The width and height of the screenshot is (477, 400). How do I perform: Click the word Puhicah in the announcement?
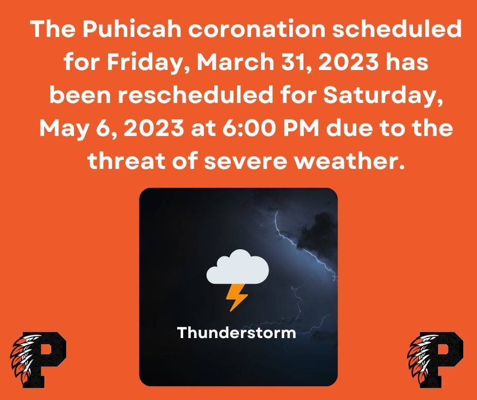point(132,29)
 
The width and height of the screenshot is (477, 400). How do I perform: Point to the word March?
point(235,61)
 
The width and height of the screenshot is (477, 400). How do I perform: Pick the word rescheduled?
point(195,95)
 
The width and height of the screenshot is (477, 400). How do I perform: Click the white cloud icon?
point(237,267)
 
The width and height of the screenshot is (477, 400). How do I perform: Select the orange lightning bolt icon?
point(236,297)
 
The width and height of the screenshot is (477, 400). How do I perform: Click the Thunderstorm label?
point(236,332)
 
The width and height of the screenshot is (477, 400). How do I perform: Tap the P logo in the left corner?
point(38,360)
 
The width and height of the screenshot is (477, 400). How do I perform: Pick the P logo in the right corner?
point(435,360)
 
